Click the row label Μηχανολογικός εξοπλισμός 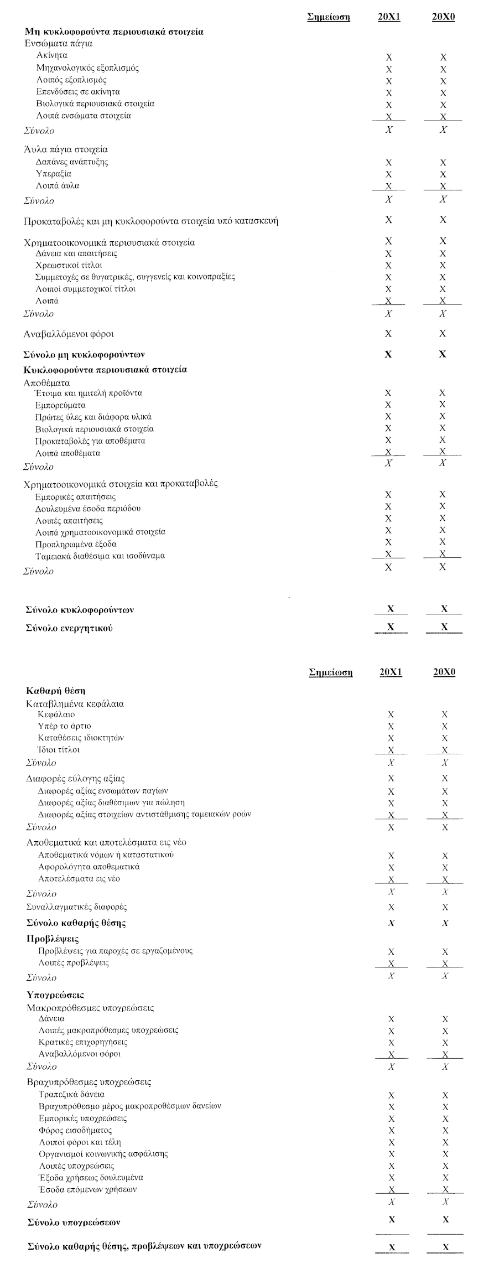(x=87, y=68)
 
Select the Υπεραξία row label (x=54, y=174)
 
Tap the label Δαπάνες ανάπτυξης (x=72, y=162)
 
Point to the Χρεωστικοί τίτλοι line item (x=69, y=265)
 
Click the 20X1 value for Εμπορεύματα (x=388, y=405)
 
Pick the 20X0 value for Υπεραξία (x=443, y=174)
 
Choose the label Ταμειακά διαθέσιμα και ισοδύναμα (x=100, y=556)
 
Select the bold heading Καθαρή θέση (x=55, y=691)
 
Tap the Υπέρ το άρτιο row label (x=65, y=726)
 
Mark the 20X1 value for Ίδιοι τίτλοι (x=391, y=750)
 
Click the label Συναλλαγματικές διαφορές (x=77, y=907)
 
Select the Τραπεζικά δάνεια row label (x=71, y=1094)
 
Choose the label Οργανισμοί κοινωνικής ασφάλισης (x=103, y=1154)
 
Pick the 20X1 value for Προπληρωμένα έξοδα (x=388, y=542)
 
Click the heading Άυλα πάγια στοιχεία (x=65, y=149)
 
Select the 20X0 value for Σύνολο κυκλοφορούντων (x=444, y=609)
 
